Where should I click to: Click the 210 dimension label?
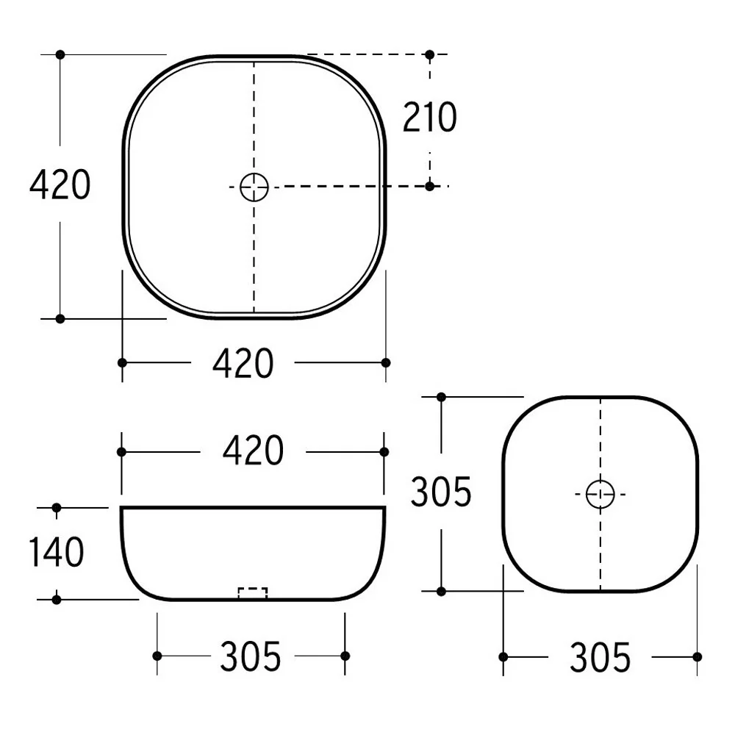coord(429,118)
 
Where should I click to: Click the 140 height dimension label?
coord(57,552)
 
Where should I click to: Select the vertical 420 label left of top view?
coord(60,184)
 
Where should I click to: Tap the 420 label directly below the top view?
coord(243,363)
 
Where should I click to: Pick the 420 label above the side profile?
coord(253,451)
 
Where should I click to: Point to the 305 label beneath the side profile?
coord(251,656)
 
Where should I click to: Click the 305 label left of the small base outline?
coord(440,492)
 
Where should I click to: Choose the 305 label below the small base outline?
coord(600,657)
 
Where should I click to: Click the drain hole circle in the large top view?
coord(254,187)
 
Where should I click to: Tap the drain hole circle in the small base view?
coord(600,493)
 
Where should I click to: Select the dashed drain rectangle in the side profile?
coord(253,593)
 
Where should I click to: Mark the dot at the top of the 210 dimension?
coord(430,54)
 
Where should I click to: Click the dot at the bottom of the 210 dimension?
coord(430,186)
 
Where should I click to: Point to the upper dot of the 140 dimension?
coord(57,507)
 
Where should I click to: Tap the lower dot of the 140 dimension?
coord(57,599)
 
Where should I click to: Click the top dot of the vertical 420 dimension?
coord(60,54)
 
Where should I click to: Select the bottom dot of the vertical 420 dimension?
coord(60,318)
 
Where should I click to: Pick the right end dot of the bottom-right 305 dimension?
coord(697,656)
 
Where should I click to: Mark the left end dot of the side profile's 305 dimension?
coord(157,656)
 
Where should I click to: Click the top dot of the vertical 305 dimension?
coord(441,397)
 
